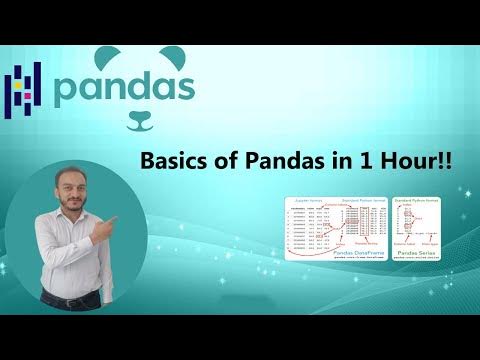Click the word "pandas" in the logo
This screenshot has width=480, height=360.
[x=124, y=87]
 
